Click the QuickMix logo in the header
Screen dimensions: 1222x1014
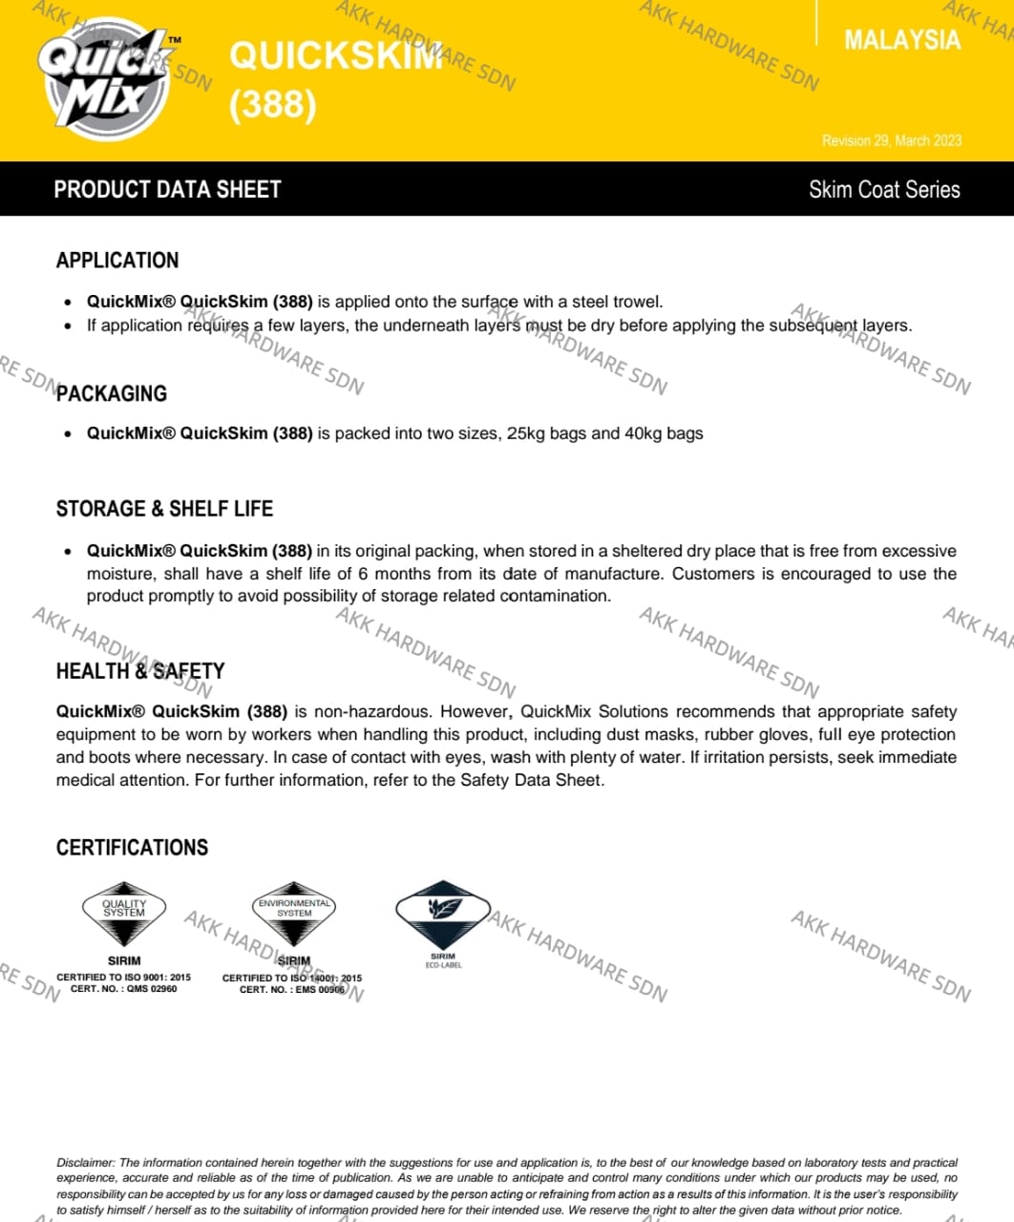(107, 78)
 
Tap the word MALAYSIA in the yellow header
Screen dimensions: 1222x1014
(901, 40)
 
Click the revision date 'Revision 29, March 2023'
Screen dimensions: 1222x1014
(892, 140)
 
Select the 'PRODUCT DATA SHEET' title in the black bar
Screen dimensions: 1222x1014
(167, 189)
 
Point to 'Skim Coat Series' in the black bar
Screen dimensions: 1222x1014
(884, 189)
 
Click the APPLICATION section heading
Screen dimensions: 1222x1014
(117, 261)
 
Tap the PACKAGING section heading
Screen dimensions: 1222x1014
(112, 393)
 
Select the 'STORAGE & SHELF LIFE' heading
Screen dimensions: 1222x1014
(164, 509)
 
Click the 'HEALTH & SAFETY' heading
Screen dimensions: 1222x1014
(140, 671)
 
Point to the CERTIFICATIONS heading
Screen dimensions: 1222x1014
(132, 848)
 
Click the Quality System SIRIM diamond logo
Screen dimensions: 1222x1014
(124, 909)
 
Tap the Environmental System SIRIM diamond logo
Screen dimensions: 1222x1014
(294, 909)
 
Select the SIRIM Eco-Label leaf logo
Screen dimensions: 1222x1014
(443, 909)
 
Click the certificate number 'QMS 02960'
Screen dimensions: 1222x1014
(152, 989)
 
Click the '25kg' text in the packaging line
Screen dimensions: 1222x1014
(526, 433)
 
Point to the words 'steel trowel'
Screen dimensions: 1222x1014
(616, 302)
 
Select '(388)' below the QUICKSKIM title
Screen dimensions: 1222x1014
(272, 104)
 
